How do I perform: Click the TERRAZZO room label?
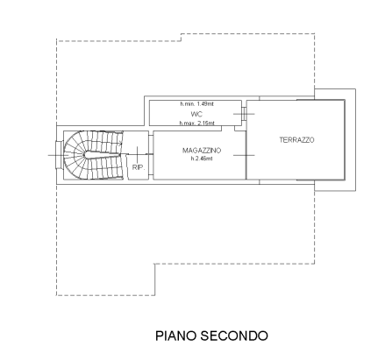(296, 140)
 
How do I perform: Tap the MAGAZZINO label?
(201, 151)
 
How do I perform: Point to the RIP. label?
(138, 166)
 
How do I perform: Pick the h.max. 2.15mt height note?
(197, 124)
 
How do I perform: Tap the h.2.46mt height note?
(201, 158)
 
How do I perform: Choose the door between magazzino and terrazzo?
(246, 156)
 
